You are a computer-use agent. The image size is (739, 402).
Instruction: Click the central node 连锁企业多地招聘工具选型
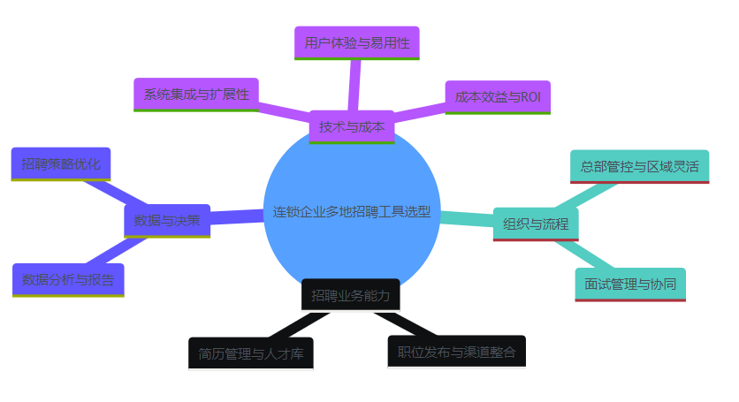pos(352,212)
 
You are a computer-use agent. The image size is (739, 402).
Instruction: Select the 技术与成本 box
pos(352,126)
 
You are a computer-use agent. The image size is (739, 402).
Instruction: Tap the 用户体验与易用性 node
pos(356,42)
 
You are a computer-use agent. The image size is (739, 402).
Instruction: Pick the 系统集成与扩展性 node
pos(196,95)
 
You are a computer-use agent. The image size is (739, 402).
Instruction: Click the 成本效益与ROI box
pos(498,97)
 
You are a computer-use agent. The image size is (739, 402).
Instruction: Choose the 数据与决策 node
pos(167,220)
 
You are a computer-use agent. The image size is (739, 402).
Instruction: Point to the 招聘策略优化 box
pos(61,163)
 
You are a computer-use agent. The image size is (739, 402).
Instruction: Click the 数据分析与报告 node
pos(68,280)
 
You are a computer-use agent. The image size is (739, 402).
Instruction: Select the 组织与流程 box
pos(536,224)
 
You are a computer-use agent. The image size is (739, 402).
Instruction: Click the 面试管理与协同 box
pos(630,284)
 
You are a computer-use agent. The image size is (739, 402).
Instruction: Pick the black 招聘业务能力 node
pos(350,295)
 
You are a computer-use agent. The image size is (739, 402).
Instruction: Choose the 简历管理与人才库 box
pos(251,354)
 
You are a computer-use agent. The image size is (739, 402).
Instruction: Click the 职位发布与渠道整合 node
pos(456,352)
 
